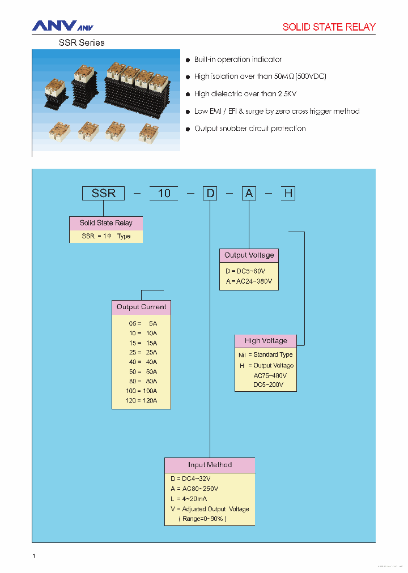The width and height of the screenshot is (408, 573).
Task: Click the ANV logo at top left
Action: click(x=62, y=26)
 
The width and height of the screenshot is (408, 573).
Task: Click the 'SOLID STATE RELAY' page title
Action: click(x=329, y=27)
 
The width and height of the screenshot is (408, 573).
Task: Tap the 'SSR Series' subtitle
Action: click(x=82, y=42)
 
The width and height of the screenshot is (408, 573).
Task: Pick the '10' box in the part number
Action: click(x=164, y=193)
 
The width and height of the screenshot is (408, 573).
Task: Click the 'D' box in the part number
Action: click(x=210, y=193)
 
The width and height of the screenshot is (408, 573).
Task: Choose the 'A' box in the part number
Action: click(x=249, y=193)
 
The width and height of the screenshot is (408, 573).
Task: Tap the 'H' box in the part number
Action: click(x=288, y=193)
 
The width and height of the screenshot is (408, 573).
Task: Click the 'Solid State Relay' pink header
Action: click(x=106, y=223)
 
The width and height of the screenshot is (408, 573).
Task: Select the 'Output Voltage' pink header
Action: click(x=249, y=255)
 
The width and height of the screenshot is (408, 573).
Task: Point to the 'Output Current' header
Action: click(x=141, y=307)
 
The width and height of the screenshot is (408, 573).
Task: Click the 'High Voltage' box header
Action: click(x=266, y=341)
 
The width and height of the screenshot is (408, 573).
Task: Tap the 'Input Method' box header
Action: click(x=210, y=465)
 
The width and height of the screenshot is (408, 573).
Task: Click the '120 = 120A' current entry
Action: click(x=141, y=401)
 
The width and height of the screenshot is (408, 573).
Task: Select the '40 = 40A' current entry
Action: click(x=142, y=362)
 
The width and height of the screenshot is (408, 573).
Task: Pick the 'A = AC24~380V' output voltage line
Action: click(x=248, y=281)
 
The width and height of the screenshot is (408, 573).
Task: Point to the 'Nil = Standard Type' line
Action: click(x=265, y=355)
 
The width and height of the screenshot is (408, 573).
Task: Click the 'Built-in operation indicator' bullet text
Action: click(x=237, y=59)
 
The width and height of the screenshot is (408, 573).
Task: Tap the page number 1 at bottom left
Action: click(x=34, y=557)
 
